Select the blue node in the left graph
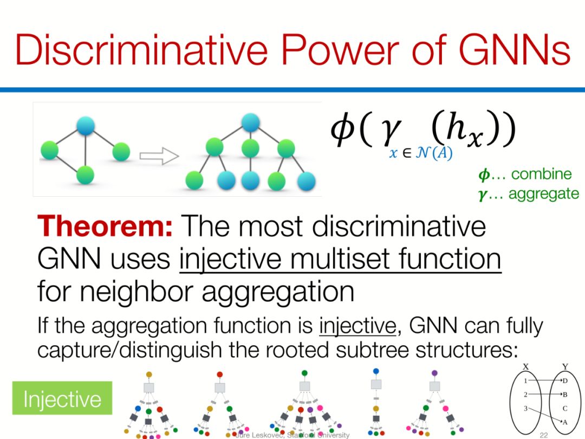[86, 125]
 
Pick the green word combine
[541, 174]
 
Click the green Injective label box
[62, 399]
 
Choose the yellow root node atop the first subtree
[149, 375]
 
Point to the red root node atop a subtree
[219, 375]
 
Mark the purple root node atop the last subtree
[434, 373]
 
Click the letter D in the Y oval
[565, 381]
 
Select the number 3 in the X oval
[525, 408]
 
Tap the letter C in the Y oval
[565, 408]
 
